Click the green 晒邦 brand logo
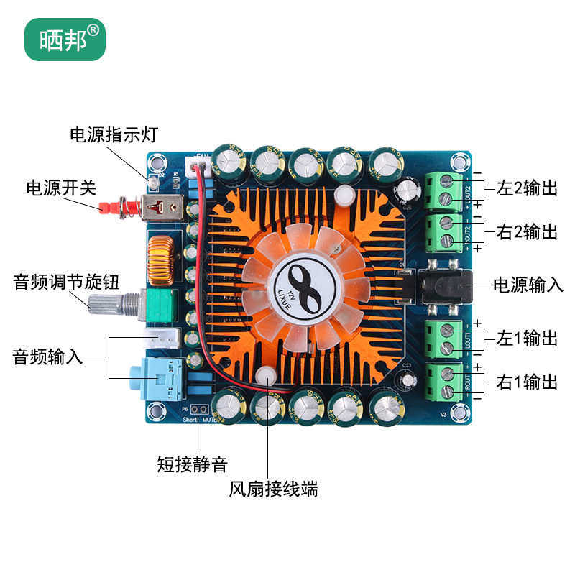point(65,38)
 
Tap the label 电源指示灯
point(113,135)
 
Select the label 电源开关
point(61,188)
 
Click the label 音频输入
point(48,356)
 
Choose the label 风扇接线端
point(274,490)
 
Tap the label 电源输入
point(528,285)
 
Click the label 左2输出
point(527,190)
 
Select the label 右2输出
point(527,231)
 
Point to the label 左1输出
point(527,338)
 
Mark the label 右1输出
point(527,382)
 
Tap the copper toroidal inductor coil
point(159,260)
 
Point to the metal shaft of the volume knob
point(106,303)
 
